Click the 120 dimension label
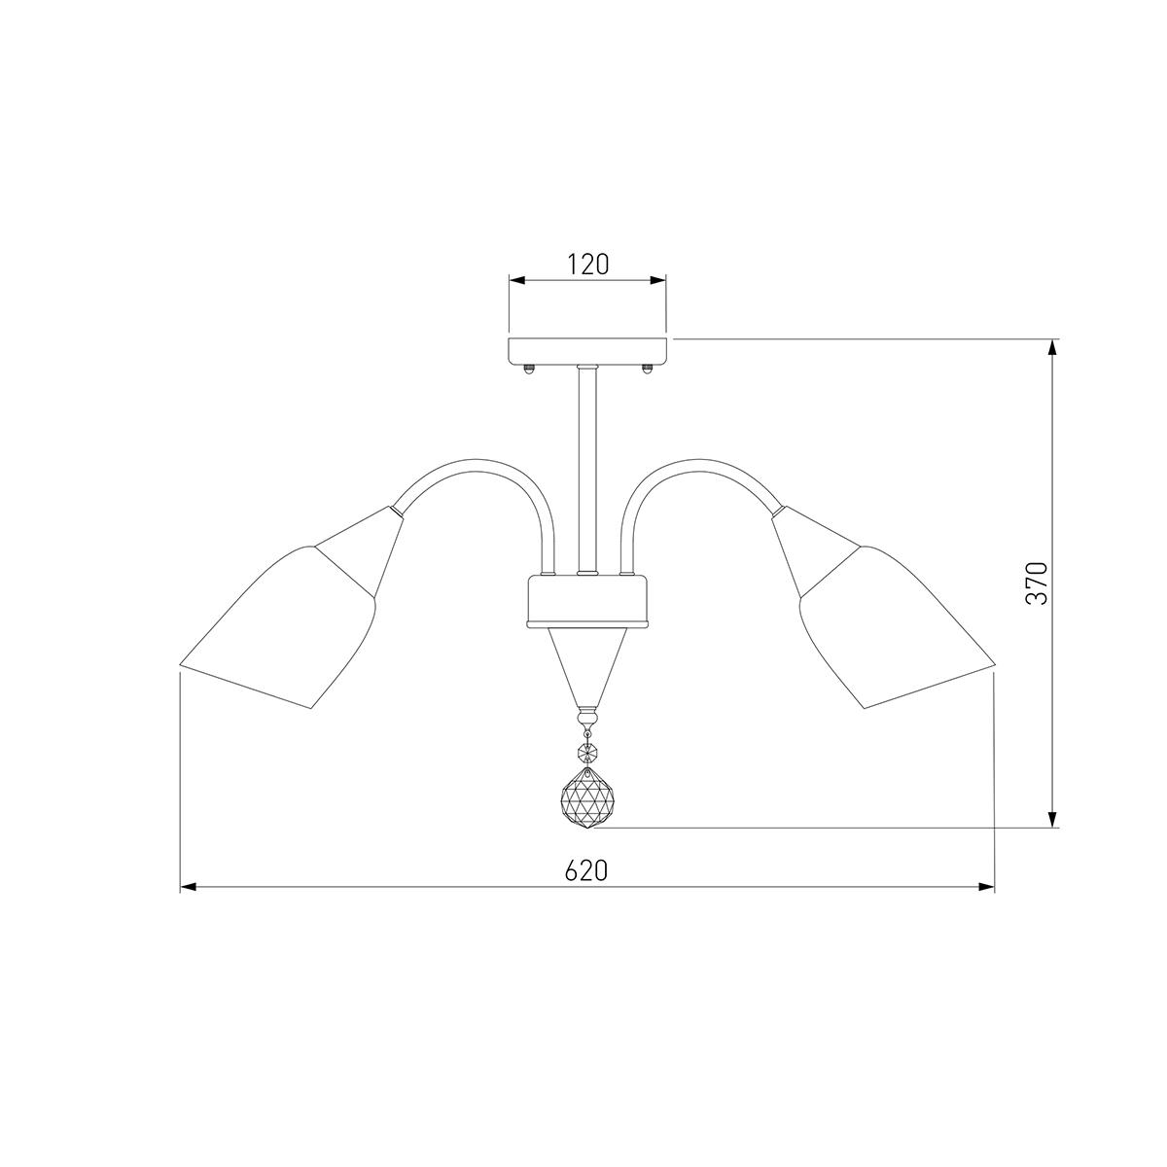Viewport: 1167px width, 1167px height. pyautogui.click(x=587, y=265)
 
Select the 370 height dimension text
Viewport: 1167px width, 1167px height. pyautogui.click(x=1037, y=583)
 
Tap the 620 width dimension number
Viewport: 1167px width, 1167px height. pyautogui.click(x=586, y=870)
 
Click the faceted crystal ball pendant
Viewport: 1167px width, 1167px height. pyautogui.click(x=587, y=798)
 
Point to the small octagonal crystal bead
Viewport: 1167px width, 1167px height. pyautogui.click(x=586, y=753)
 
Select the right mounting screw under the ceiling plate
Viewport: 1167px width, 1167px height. pyautogui.click(x=647, y=369)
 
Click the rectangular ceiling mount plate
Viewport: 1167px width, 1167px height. pyautogui.click(x=587, y=351)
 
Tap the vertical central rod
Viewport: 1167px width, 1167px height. pyautogui.click(x=586, y=470)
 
